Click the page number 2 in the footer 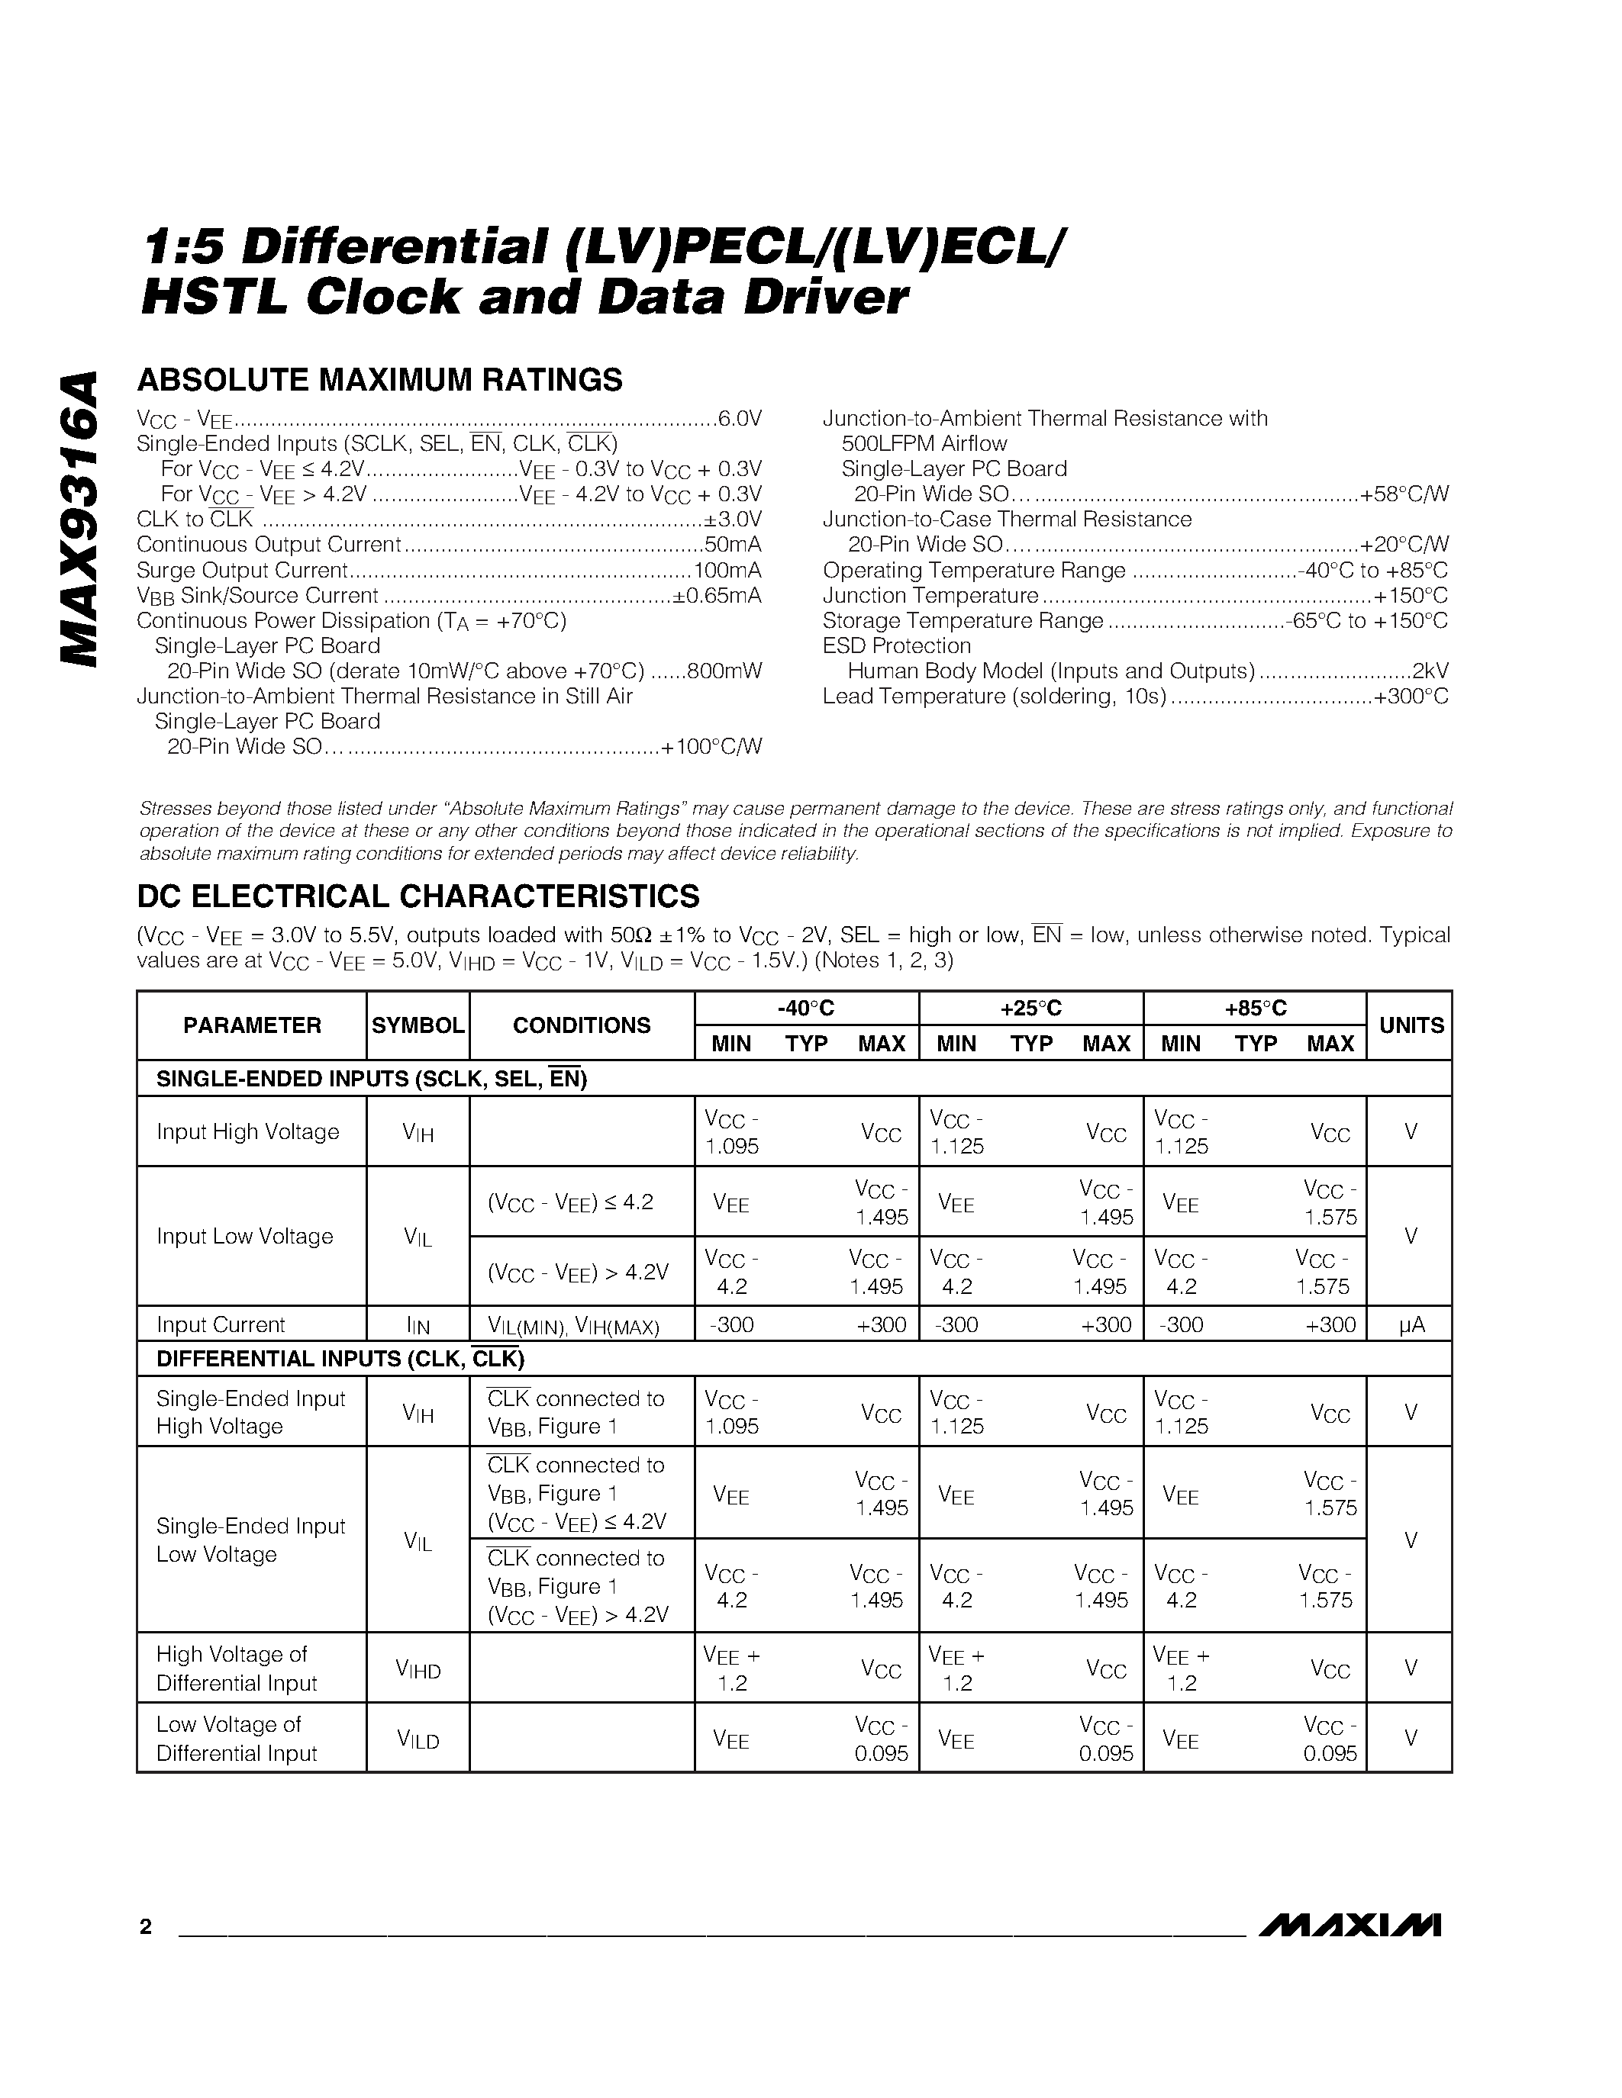pyautogui.click(x=146, y=1926)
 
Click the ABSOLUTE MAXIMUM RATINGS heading pyautogui.click(x=379, y=381)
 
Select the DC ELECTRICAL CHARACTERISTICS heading pyautogui.click(x=418, y=896)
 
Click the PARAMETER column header pyautogui.click(x=252, y=1026)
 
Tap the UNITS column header pyautogui.click(x=1411, y=1026)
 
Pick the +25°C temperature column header pyautogui.click(x=1030, y=1009)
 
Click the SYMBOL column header pyautogui.click(x=418, y=1026)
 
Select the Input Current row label pyautogui.click(x=221, y=1324)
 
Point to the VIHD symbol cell pyautogui.click(x=418, y=1669)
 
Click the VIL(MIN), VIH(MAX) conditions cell pyautogui.click(x=574, y=1327)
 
